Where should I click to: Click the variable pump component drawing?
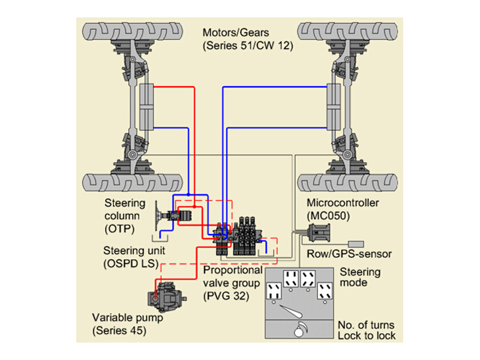pos(166,296)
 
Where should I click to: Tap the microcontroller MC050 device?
pos(319,233)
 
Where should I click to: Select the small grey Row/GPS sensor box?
pos(356,244)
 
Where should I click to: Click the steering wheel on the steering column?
pos(157,216)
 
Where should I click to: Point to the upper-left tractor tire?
pos(133,32)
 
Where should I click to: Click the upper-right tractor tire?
pos(347,32)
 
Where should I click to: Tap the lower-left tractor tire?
pos(133,183)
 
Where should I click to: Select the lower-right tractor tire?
pos(347,183)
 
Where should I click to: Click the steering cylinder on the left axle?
pos(146,107)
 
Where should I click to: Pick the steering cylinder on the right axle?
pos(334,107)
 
